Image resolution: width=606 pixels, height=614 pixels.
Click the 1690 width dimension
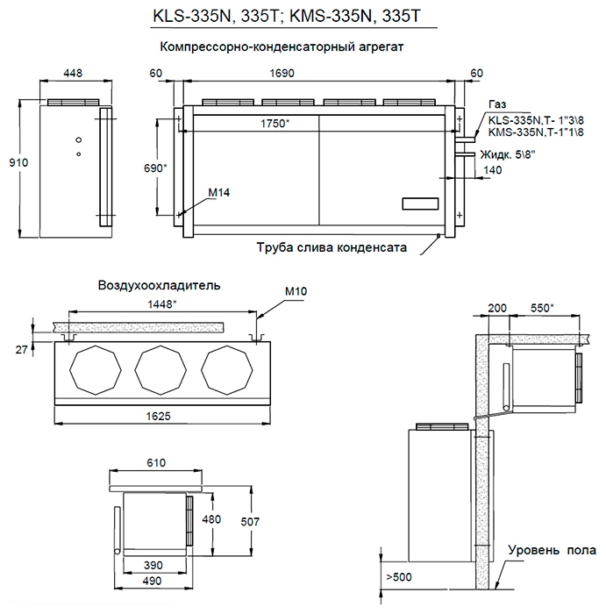[x=318, y=75]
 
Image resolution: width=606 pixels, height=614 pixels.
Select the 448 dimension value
[x=74, y=75]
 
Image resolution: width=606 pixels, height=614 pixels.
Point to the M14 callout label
[x=219, y=192]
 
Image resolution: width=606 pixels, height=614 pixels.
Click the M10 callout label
[x=296, y=291]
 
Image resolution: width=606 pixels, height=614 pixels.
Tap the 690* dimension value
[x=154, y=168]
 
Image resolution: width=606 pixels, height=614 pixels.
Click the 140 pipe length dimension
[x=492, y=171]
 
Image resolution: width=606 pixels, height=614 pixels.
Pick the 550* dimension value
[x=548, y=309]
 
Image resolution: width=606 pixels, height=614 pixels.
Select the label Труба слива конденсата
[x=332, y=248]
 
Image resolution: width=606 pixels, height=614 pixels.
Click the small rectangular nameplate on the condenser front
[x=420, y=204]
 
